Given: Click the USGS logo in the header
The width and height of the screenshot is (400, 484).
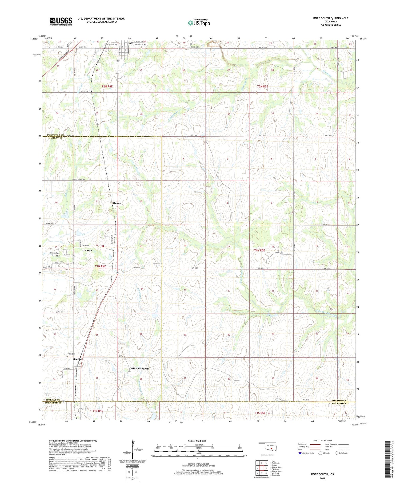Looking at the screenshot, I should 61,21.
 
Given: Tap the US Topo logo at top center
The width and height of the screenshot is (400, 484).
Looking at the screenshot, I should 199,23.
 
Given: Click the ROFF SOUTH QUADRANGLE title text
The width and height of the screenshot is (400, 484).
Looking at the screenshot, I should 331,18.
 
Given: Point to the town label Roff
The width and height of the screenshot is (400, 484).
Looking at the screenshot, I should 130,43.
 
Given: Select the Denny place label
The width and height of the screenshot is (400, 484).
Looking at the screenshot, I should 117,203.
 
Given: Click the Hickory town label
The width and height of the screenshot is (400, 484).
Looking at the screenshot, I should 87,250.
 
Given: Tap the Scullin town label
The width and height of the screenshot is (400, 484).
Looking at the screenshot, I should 78,359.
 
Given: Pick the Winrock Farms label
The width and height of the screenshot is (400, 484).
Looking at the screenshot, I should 140,368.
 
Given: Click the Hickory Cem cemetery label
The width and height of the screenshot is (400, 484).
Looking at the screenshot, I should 55,253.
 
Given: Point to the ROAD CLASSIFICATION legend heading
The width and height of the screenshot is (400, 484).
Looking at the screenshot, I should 323,440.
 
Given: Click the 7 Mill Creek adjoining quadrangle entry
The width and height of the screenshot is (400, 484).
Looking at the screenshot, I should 276,473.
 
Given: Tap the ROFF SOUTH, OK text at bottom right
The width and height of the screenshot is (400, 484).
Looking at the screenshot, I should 322,474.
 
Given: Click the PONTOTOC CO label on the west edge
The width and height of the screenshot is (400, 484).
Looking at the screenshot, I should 55,135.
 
